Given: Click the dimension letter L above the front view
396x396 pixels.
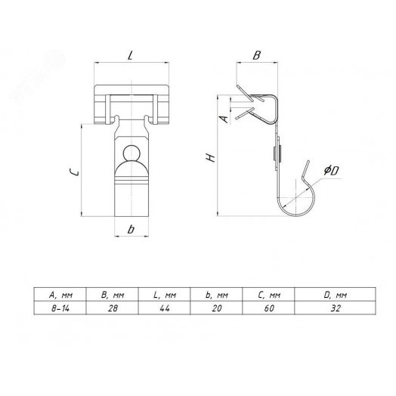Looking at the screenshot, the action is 130,56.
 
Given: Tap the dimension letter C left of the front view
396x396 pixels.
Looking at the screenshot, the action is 74,172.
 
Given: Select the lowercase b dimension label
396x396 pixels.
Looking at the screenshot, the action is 131,229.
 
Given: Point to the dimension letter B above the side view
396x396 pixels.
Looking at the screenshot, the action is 257,55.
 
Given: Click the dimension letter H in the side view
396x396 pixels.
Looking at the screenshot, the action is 210,158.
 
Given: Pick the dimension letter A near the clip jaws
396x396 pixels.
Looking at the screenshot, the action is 224,119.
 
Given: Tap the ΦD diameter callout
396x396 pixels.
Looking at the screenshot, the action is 331,171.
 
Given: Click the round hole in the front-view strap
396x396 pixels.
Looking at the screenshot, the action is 131,153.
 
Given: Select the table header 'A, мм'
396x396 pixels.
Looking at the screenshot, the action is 60,295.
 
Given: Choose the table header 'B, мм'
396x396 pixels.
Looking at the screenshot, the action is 113,295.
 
